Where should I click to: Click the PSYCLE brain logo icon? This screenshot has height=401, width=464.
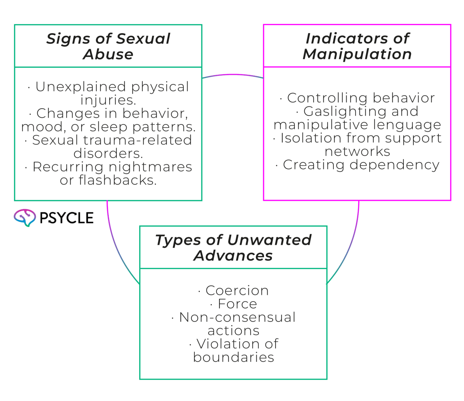25,218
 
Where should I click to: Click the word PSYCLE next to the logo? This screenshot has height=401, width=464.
66,218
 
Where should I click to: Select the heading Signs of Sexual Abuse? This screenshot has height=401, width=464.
108,46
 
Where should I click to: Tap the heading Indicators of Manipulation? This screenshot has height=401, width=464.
357,46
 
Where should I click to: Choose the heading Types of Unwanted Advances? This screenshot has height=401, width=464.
233,248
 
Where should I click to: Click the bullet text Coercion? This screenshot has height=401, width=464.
237,291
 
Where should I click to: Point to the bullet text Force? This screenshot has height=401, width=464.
237,304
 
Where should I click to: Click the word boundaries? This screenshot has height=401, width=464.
234,357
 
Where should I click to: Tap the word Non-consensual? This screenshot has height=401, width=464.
237,317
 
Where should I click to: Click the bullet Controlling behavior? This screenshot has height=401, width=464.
361,98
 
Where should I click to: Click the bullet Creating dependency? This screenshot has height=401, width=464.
361,165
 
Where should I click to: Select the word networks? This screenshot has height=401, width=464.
357,151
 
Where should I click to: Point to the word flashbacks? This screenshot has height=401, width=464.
117,180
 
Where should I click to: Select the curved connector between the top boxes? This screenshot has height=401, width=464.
233,74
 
